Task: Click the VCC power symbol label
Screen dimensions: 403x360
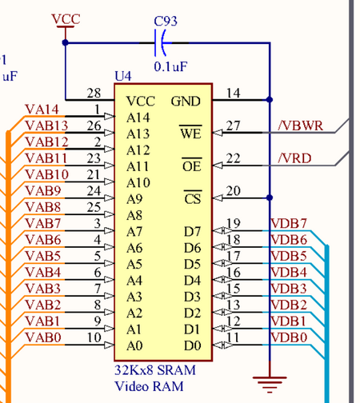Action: coord(65,18)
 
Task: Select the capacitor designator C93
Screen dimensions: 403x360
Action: coord(167,18)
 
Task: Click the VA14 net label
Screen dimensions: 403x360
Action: coord(42,110)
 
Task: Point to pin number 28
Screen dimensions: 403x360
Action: coord(94,94)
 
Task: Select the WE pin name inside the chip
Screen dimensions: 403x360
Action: coord(191,134)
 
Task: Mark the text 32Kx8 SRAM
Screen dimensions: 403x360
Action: coord(155,372)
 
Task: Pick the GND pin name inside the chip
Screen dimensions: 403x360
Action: coord(186,102)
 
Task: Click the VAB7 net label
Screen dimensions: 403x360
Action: coord(42,223)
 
